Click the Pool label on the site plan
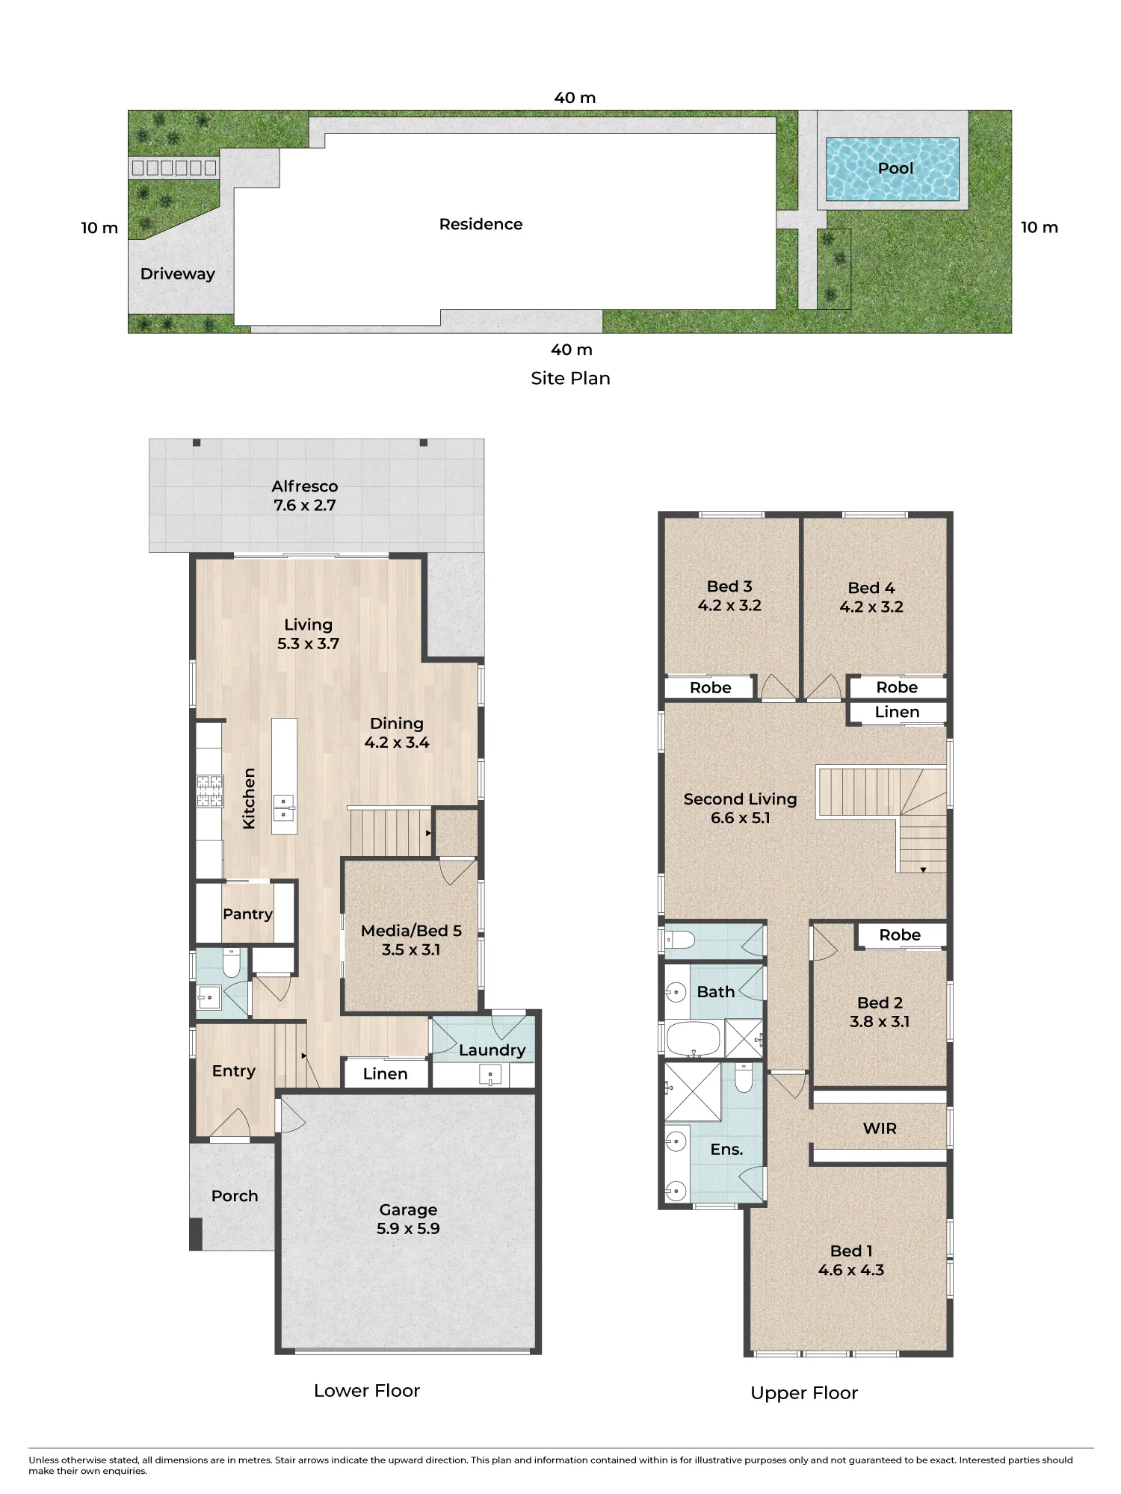(x=895, y=168)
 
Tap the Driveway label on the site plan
(x=178, y=274)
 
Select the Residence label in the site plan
(x=481, y=224)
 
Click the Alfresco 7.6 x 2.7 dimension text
(x=305, y=505)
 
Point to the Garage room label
(x=408, y=1209)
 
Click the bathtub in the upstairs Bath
(x=693, y=1038)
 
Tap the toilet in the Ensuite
(x=744, y=1076)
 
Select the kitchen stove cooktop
(x=210, y=791)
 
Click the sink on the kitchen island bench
(x=284, y=808)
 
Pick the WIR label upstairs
(x=880, y=1129)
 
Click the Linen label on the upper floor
(x=897, y=713)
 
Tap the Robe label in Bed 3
(x=711, y=688)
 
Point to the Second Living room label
(x=740, y=799)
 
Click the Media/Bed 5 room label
(x=411, y=931)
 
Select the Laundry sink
(x=490, y=1076)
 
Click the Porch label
(x=235, y=1196)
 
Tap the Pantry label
(x=247, y=914)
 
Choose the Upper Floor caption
(x=804, y=1393)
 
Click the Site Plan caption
(x=570, y=379)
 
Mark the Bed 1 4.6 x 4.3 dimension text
(x=851, y=1270)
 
